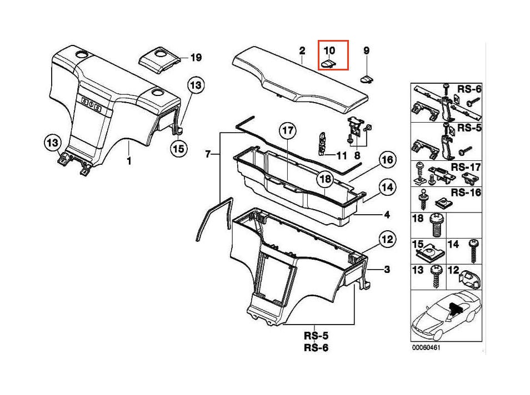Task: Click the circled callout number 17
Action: (287, 131)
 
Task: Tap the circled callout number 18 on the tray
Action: (325, 179)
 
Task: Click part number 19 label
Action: (196, 58)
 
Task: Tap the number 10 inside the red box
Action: (329, 50)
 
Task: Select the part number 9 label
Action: (366, 50)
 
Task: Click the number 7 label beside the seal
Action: (208, 155)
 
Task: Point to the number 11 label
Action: (341, 154)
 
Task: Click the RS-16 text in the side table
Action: (466, 193)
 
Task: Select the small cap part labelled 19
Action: (161, 59)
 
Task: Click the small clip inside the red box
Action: (329, 64)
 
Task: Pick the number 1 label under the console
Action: (129, 161)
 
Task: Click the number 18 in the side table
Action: (418, 219)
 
